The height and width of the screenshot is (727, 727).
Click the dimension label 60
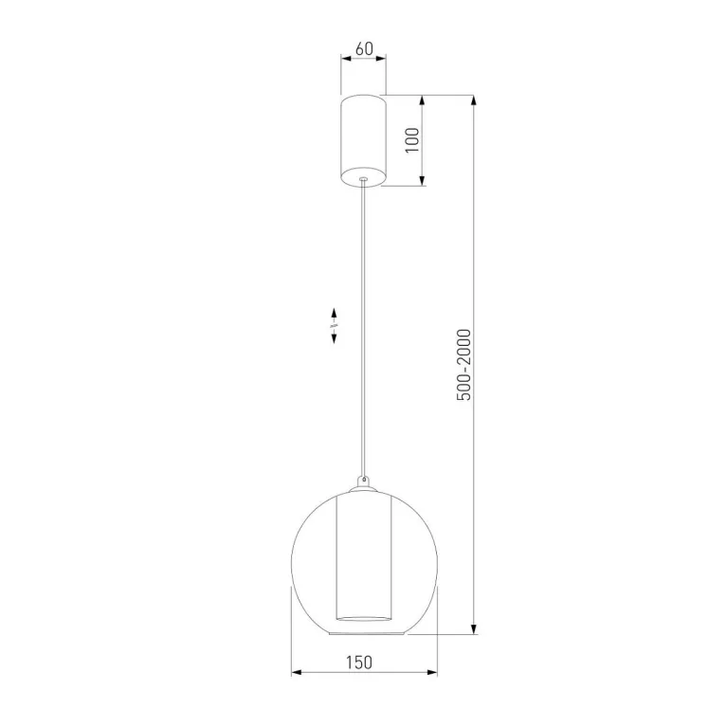(x=364, y=48)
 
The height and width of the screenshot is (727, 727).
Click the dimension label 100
(x=411, y=140)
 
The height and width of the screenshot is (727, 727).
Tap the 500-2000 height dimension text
(x=463, y=364)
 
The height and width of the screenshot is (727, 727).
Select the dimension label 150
(x=359, y=663)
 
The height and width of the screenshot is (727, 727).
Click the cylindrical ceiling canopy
(x=364, y=140)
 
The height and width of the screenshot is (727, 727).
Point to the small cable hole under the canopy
(x=363, y=178)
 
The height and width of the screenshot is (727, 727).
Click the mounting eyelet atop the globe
(x=364, y=480)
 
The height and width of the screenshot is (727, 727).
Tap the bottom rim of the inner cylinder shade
(x=364, y=619)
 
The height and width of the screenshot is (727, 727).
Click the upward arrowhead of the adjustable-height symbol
(x=334, y=313)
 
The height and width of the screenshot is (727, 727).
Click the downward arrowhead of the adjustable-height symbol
(x=334, y=338)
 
